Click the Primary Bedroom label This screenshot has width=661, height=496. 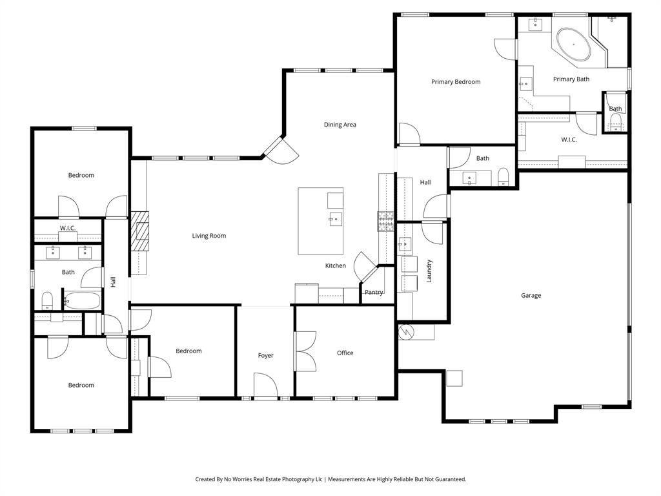point(456,82)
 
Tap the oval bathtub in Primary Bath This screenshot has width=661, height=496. point(574,45)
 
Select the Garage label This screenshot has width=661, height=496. point(531,296)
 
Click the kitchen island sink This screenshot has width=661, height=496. point(334,219)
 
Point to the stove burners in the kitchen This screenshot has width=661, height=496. point(385,222)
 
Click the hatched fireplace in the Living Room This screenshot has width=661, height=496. point(140,231)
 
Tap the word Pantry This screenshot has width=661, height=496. point(374,293)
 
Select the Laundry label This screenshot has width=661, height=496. point(429,271)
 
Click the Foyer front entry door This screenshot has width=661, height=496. point(265,386)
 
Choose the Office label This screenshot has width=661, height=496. point(345,353)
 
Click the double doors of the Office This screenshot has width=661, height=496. point(305,351)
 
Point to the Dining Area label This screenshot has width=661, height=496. point(340,125)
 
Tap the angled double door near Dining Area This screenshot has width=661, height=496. point(283,151)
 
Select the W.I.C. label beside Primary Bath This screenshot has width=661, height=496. point(569,139)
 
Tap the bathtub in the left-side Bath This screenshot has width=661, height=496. point(82,300)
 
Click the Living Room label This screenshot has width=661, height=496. point(208,236)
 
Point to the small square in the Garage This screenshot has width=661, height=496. point(454,378)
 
